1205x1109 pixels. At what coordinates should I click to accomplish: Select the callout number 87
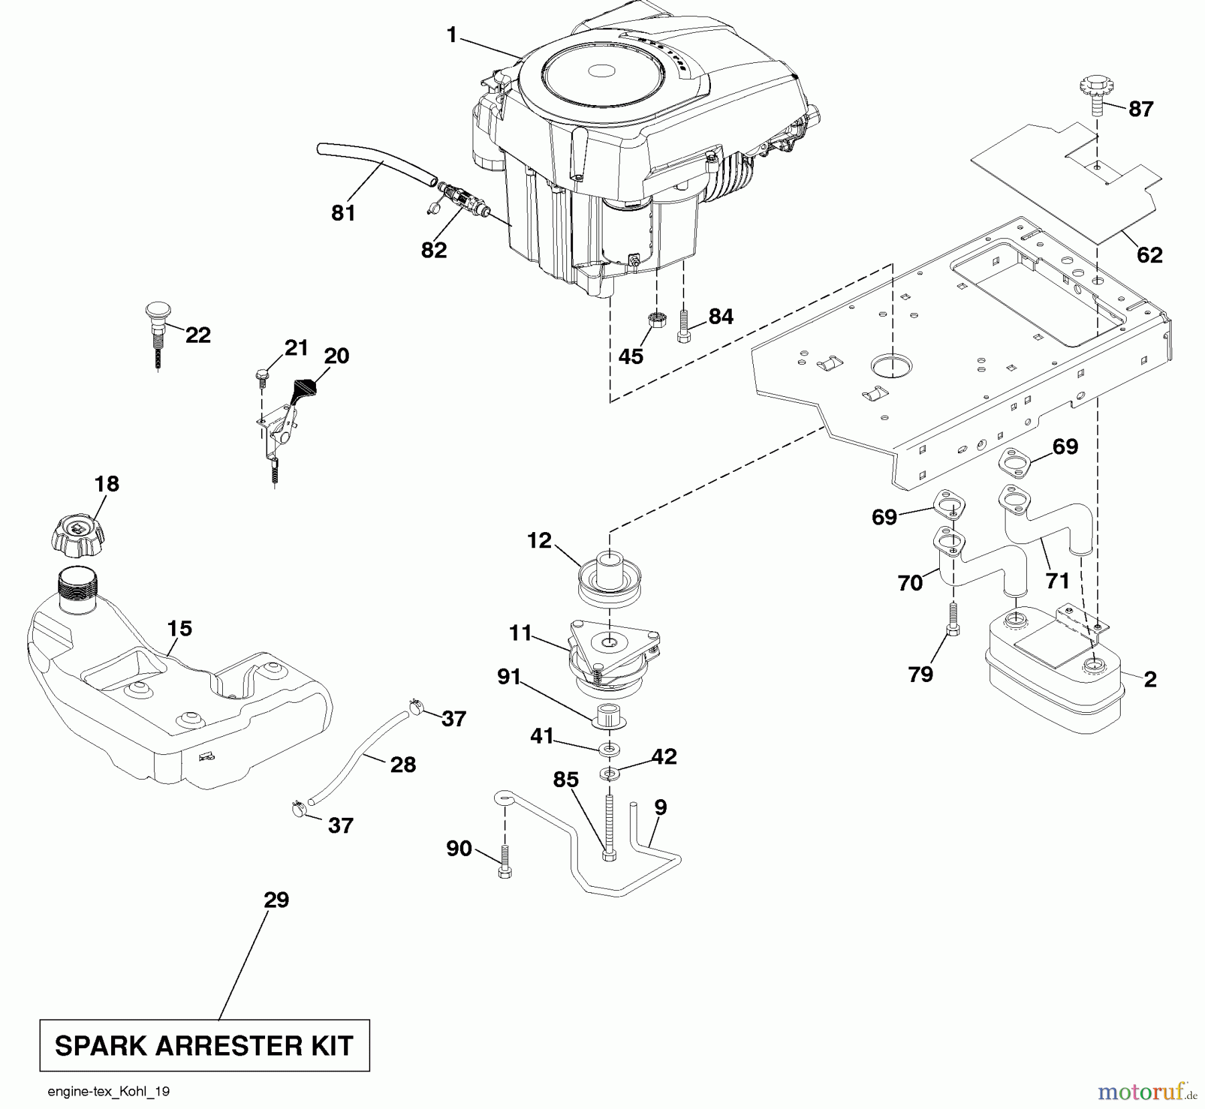coord(1141,109)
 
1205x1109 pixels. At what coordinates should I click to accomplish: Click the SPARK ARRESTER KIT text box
coord(205,1045)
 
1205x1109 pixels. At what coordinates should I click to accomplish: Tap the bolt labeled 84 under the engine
coord(684,326)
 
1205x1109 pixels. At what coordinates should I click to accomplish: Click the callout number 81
coord(343,213)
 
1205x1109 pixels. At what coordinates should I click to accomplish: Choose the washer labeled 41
coord(609,748)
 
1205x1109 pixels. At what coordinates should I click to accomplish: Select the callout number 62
coord(1149,255)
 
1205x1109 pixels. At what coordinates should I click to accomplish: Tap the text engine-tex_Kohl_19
coord(108,1092)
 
